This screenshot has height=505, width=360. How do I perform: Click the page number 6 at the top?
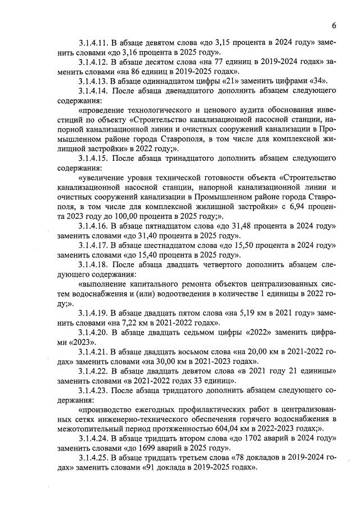coord(334,25)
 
